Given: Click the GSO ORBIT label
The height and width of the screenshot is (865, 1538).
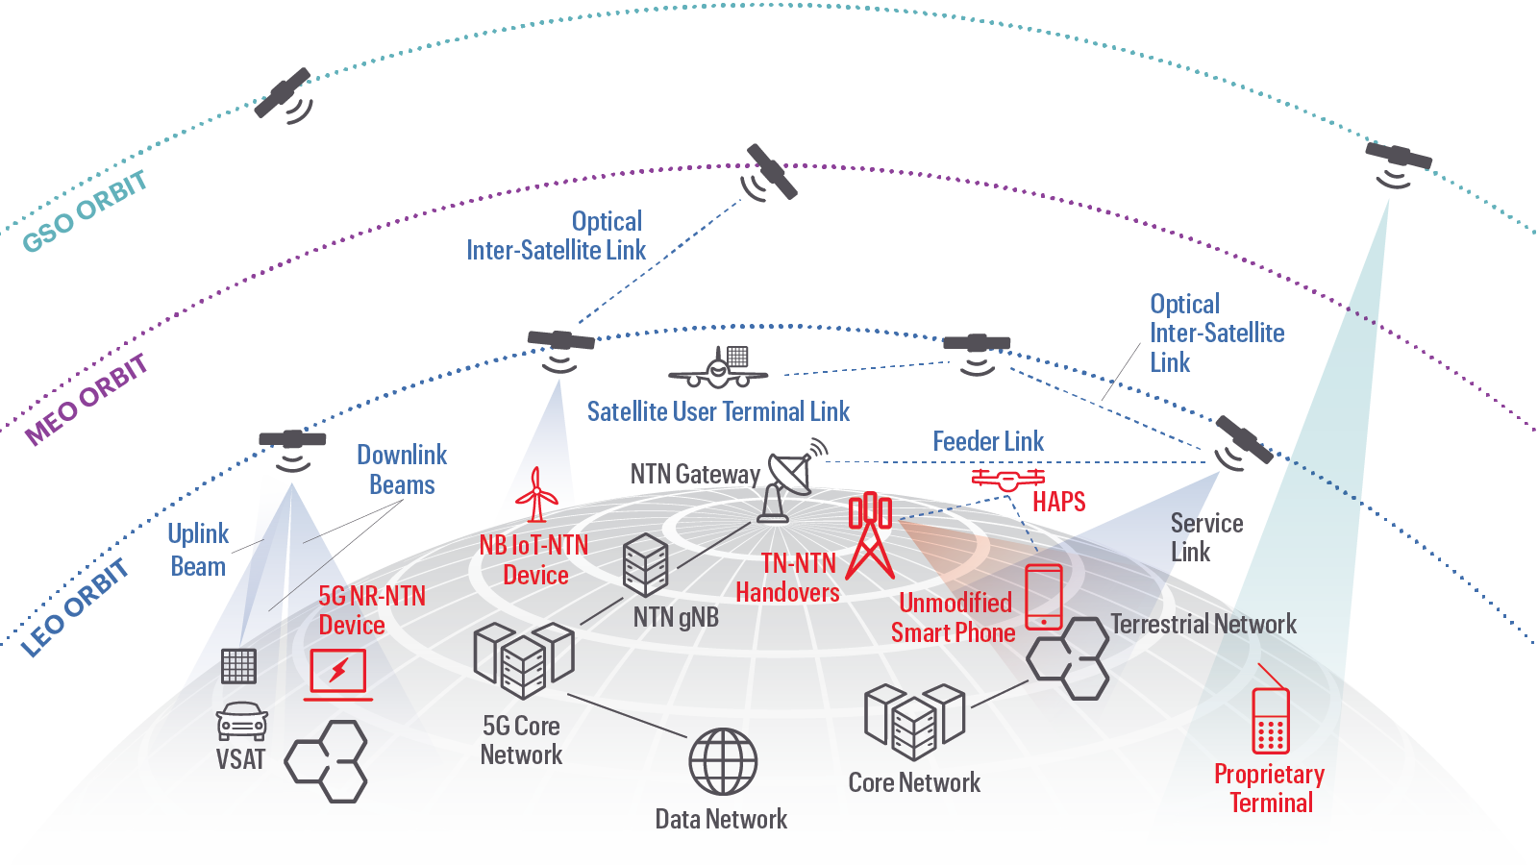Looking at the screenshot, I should [x=85, y=211].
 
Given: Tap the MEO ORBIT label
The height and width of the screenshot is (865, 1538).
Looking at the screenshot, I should [x=87, y=399].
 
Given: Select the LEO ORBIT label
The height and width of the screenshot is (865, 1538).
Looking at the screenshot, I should [x=75, y=608].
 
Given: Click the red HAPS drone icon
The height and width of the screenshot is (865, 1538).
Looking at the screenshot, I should [x=1007, y=478].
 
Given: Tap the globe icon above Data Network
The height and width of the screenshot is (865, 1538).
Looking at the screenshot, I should [x=723, y=761].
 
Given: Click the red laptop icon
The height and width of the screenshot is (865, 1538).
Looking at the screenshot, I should [x=338, y=674].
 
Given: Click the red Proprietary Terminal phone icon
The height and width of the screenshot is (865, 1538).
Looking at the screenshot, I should [x=1270, y=721].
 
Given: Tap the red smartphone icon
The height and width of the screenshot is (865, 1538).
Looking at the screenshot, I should [x=1044, y=597].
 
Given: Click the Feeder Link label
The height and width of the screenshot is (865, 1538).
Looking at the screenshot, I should [x=988, y=442].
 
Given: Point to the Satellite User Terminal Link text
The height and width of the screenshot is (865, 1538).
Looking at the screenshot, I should [x=718, y=412].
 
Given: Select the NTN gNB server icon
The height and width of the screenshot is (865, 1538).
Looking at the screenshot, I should [x=645, y=564].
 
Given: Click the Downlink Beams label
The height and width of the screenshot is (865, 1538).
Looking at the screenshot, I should [x=402, y=470].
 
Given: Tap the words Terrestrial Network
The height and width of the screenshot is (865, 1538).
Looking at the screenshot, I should [x=1203, y=625].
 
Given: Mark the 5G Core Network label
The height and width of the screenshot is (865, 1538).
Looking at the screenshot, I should [x=521, y=740].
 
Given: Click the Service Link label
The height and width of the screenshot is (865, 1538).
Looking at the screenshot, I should [x=1205, y=537].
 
